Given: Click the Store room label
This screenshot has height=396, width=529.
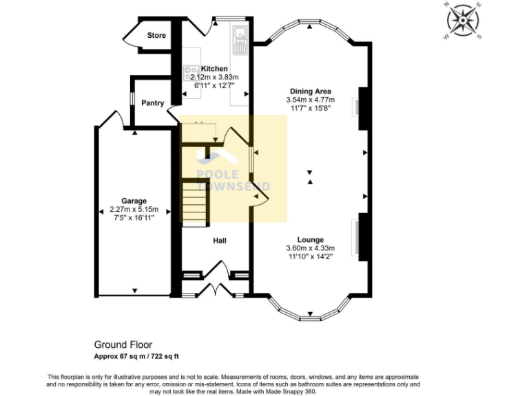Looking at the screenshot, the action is [156, 35].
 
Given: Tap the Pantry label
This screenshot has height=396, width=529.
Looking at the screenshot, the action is [152, 103].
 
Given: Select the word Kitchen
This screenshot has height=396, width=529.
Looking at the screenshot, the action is [214, 69].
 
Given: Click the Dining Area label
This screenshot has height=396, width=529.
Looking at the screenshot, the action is [310, 91].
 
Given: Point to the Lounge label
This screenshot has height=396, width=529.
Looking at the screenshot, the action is [310, 240].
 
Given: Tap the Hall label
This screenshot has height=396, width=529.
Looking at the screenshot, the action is [219, 241].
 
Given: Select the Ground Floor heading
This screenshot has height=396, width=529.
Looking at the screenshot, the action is [123, 345].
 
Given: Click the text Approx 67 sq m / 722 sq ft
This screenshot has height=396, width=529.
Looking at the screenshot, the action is [136, 356].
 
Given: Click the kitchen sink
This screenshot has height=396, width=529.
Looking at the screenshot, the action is [240, 39].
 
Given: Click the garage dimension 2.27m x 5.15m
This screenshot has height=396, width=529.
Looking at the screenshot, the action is [135, 210].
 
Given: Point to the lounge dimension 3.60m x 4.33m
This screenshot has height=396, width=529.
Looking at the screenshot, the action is [310, 248].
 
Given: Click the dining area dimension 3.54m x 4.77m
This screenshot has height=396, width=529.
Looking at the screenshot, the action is [310, 100].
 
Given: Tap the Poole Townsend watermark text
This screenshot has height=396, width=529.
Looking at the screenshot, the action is [234, 181].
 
